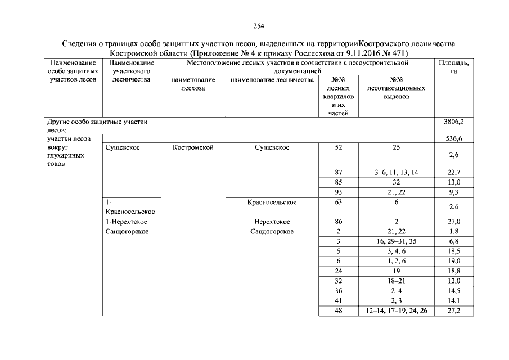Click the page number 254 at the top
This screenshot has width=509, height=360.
coord(259,26)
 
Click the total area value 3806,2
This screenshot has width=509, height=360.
coord(453,121)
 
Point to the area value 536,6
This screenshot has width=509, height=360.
coord(453,138)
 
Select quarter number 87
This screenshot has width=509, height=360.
coord(339,173)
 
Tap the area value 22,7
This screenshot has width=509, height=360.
coord(453,173)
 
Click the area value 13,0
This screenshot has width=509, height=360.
coord(453,182)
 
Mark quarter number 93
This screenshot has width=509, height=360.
coord(339,192)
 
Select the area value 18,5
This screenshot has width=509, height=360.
coord(453,251)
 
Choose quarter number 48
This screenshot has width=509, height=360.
coord(339,310)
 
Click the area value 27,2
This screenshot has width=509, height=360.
coord(453,310)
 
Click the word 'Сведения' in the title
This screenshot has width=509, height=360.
coord(80,43)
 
